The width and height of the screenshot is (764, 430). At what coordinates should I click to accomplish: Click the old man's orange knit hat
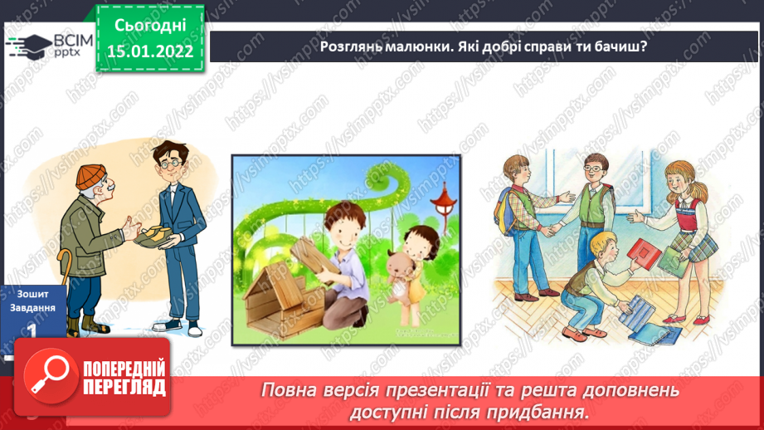pos(92,176)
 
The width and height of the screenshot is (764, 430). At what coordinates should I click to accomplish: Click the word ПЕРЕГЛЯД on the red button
pos(124,387)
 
